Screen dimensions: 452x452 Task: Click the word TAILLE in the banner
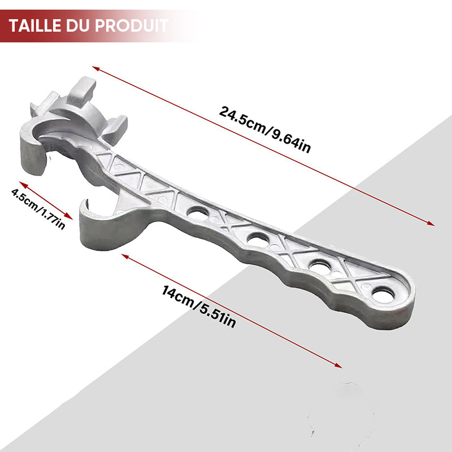coord(35,25)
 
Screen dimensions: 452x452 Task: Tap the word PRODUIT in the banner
coord(132,25)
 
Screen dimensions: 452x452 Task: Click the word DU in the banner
coord(78,25)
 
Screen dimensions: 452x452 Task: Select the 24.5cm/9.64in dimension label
coord(264,129)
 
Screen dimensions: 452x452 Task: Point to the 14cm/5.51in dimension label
coord(199,306)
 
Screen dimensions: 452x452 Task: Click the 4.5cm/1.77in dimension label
coord(38,208)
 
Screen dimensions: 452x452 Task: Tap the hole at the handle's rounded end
coord(383,296)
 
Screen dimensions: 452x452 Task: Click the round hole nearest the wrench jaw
coord(198,213)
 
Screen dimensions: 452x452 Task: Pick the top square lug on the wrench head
coord(81,92)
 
